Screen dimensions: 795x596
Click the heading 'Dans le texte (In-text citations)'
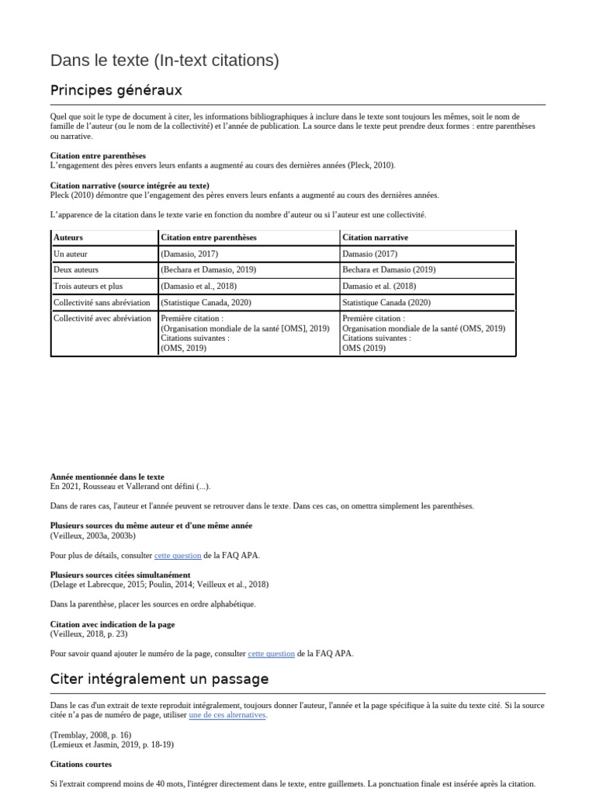click(165, 61)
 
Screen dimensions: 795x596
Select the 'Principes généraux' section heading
click(116, 90)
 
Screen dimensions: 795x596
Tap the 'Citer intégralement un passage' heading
click(159, 679)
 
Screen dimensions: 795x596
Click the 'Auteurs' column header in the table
click(68, 238)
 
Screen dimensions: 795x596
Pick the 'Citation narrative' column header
click(375, 238)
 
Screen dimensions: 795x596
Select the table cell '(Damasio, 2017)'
click(189, 254)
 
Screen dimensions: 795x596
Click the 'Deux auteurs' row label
click(76, 270)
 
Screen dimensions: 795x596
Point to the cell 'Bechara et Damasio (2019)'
click(389, 270)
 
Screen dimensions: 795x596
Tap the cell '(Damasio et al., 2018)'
click(199, 286)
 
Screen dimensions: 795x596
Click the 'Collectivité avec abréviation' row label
click(102, 318)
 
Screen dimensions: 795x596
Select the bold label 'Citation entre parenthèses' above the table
click(98, 156)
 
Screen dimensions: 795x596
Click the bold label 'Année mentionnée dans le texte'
click(107, 477)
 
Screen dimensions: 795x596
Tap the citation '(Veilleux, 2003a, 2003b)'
click(93, 536)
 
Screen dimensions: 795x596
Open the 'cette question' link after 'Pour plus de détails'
click(178, 556)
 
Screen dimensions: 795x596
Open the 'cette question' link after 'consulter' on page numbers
click(271, 654)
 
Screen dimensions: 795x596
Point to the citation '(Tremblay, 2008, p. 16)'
click(91, 734)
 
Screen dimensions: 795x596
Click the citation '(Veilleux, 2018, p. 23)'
click(89, 634)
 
